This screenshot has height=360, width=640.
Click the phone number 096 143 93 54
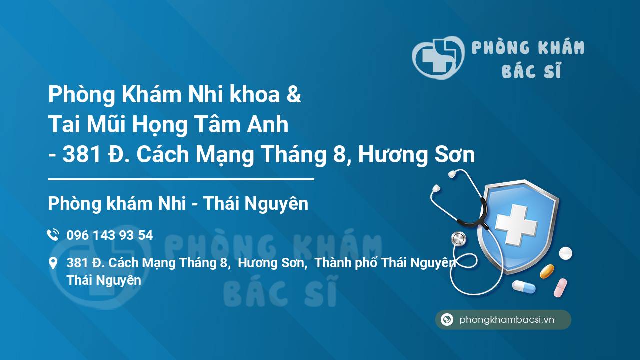(109, 235)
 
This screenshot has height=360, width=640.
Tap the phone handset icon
(53, 235)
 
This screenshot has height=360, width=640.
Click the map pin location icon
(53, 263)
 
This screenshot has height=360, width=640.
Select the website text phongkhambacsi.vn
(507, 320)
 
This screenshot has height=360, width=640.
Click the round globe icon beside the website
(447, 319)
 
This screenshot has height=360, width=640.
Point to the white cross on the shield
(516, 225)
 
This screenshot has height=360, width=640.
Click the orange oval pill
(547, 271)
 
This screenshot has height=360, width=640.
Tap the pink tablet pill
(560, 288)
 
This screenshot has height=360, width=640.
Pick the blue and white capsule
(524, 287)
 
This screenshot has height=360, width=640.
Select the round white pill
(565, 253)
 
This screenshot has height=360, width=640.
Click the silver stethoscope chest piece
(459, 239)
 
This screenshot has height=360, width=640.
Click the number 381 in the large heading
(82, 154)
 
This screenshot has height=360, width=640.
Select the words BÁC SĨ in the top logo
(531, 70)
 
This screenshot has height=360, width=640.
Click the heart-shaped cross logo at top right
(438, 57)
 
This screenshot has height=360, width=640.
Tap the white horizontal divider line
(181, 179)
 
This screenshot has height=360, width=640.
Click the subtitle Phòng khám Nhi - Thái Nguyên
(178, 203)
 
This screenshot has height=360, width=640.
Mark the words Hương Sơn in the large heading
(416, 154)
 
